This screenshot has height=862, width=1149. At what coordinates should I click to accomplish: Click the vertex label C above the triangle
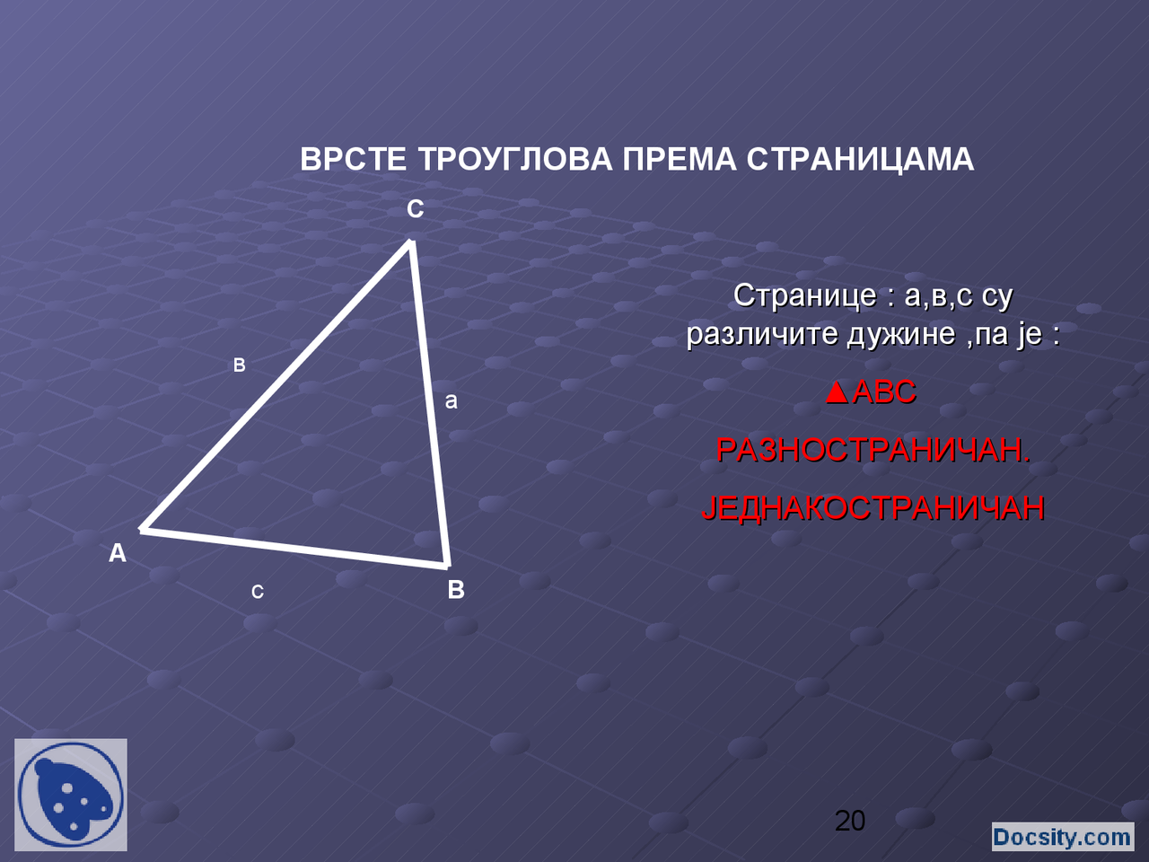click(x=415, y=209)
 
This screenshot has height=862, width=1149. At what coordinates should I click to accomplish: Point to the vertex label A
click(x=118, y=553)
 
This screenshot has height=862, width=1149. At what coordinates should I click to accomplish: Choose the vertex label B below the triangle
click(x=456, y=590)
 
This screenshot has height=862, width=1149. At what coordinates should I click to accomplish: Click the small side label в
click(x=240, y=365)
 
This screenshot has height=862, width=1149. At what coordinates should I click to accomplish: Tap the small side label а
click(x=452, y=401)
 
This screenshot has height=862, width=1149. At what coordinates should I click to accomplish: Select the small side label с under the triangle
click(x=258, y=592)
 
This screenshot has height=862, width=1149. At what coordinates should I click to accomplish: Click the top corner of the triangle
click(x=411, y=242)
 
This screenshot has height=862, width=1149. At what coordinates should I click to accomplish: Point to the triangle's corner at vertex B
click(x=446, y=565)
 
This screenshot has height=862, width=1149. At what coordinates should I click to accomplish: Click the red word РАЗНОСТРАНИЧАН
click(x=873, y=450)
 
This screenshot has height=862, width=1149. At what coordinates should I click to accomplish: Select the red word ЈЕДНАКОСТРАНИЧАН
click(x=873, y=508)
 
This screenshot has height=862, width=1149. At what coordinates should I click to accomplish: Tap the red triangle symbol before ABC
click(x=837, y=392)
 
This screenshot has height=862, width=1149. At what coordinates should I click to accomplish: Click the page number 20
click(x=850, y=820)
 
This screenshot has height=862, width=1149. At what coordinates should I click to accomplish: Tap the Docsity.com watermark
click(x=1062, y=837)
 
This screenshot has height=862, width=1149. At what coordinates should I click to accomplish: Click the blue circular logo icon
click(x=71, y=795)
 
